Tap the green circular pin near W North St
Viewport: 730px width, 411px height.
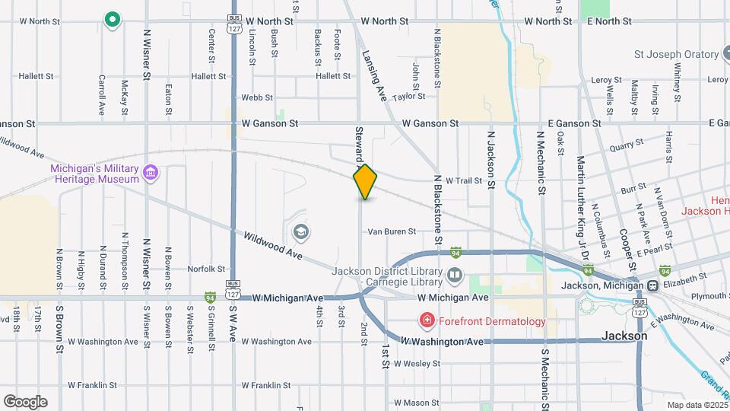point(113,19)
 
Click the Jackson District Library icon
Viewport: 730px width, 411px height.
point(454,274)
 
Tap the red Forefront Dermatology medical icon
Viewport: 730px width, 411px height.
point(427,321)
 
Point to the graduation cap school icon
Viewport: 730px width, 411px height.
point(300,231)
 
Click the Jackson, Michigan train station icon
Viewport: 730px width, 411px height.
point(652,285)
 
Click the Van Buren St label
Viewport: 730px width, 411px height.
point(392,231)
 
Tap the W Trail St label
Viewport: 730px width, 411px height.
point(464,180)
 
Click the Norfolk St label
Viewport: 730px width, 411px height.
point(206,269)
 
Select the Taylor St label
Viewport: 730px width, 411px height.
point(409,97)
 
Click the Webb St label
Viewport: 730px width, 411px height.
point(256,97)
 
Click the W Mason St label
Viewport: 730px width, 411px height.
point(416,403)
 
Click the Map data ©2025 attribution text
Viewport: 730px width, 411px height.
point(697,405)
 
